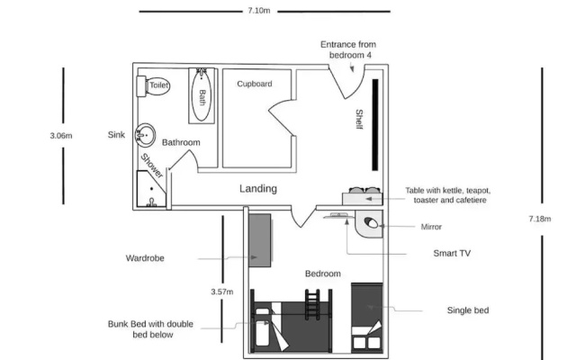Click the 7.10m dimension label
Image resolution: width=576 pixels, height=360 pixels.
pyautogui.click(x=259, y=11)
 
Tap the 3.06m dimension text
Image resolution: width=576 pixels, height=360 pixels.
pyautogui.click(x=61, y=136)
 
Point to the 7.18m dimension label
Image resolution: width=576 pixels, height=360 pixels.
pyautogui.click(x=540, y=219)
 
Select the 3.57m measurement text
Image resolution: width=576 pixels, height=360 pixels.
pyautogui.click(x=222, y=292)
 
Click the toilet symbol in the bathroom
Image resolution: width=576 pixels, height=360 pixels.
pyautogui.click(x=153, y=86)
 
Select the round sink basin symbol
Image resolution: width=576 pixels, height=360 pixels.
pyautogui.click(x=145, y=135)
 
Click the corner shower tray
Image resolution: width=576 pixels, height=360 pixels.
pyautogui.click(x=151, y=189)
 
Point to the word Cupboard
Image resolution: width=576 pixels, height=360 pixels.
pyautogui.click(x=255, y=84)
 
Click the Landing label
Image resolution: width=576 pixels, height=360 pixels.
pyautogui.click(x=258, y=188)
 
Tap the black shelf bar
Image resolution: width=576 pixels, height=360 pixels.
pyautogui.click(x=375, y=125)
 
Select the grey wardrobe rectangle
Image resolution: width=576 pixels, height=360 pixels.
pyautogui.click(x=260, y=240)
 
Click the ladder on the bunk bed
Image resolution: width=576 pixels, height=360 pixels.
pyautogui.click(x=312, y=304)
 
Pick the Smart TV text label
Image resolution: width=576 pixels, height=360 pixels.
pyautogui.click(x=452, y=253)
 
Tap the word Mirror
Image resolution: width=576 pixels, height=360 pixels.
pyautogui.click(x=431, y=227)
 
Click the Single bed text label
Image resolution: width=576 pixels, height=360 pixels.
pyautogui.click(x=468, y=310)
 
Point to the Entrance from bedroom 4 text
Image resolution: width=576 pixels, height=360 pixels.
pyautogui.click(x=348, y=49)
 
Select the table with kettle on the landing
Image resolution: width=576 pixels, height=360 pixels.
pyautogui.click(x=363, y=196)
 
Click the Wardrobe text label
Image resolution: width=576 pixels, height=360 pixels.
pyautogui.click(x=145, y=258)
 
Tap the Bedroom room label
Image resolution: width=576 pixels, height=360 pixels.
pyautogui.click(x=323, y=274)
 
